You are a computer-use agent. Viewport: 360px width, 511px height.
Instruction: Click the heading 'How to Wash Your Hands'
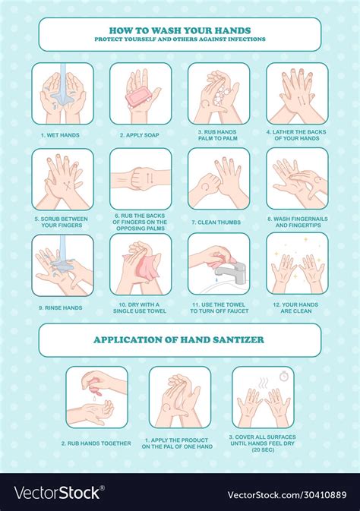tap(179, 30)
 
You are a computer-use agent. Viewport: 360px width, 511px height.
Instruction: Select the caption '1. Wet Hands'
tap(62, 135)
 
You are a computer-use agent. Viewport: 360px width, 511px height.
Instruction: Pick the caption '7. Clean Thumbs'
tap(219, 221)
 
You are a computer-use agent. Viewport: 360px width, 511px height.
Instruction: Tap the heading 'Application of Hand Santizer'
tap(179, 339)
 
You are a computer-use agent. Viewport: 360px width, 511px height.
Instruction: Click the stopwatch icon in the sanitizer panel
tap(283, 375)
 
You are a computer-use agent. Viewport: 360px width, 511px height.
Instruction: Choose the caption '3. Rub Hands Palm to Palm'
tap(219, 138)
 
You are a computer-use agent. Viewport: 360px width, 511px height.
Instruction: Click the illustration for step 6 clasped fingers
tap(141, 178)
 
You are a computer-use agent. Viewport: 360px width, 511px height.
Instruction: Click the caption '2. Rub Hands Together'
tap(96, 443)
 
